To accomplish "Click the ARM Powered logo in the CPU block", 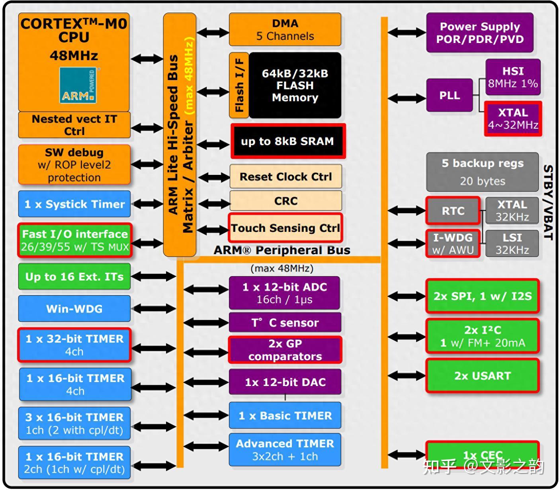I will pos(78,85).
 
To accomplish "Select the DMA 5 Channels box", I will pos(285,29).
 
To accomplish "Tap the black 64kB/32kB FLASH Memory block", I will pos(295,85).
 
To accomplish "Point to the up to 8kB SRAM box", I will pos(287,141).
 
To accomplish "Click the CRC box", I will pos(285,201).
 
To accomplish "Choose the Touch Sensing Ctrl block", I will pos(285,228).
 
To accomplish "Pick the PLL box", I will pos(450,95).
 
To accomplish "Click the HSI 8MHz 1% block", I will pos(513,77).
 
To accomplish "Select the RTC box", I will pos(453,211).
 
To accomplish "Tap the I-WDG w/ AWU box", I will pos(453,243).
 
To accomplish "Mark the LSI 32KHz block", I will pos(512,243).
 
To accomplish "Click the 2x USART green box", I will pos(483,376).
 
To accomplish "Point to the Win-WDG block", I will pos(74,309).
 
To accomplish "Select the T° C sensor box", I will pos(285,323).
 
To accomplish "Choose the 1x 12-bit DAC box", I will pos(285,382).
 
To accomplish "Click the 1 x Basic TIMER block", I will pos(285,416).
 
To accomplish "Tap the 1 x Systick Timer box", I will pos(74,204).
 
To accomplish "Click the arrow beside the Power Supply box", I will pos(406,33).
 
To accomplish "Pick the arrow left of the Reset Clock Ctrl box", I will pos(213,177).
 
